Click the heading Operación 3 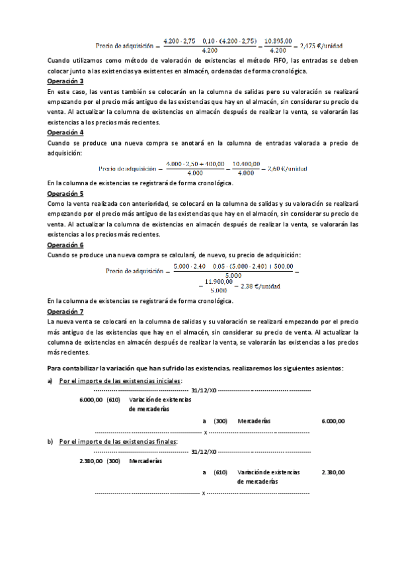[x=65, y=81]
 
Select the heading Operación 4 [x=65, y=132]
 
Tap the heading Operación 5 [x=65, y=194]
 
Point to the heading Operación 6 [x=65, y=245]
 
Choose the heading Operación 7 [x=65, y=311]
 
